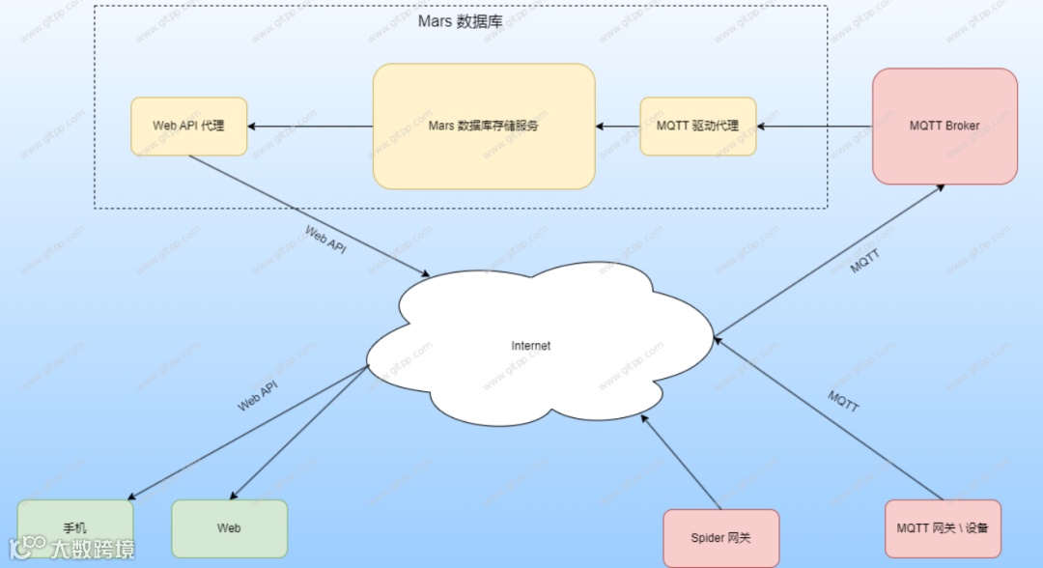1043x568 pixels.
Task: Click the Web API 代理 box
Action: [188, 126]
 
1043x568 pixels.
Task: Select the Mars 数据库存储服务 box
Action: [483, 126]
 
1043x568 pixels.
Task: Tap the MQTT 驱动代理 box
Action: [697, 126]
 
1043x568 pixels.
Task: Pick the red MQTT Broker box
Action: [944, 126]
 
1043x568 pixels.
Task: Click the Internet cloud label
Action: [530, 345]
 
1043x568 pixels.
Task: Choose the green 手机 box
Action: [75, 528]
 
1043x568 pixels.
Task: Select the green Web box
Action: [229, 528]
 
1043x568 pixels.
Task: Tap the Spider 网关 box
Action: [720, 537]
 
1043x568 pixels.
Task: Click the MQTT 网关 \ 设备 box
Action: [943, 528]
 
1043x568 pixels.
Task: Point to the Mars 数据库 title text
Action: [460, 21]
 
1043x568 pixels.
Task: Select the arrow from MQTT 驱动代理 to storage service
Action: [618, 126]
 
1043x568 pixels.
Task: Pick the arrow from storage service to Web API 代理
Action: [310, 126]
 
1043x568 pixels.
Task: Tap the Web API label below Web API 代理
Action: [325, 239]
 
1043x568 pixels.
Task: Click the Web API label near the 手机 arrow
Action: [258, 395]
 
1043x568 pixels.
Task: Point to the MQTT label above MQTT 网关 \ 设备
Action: [843, 401]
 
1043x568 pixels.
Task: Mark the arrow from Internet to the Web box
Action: [299, 433]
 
